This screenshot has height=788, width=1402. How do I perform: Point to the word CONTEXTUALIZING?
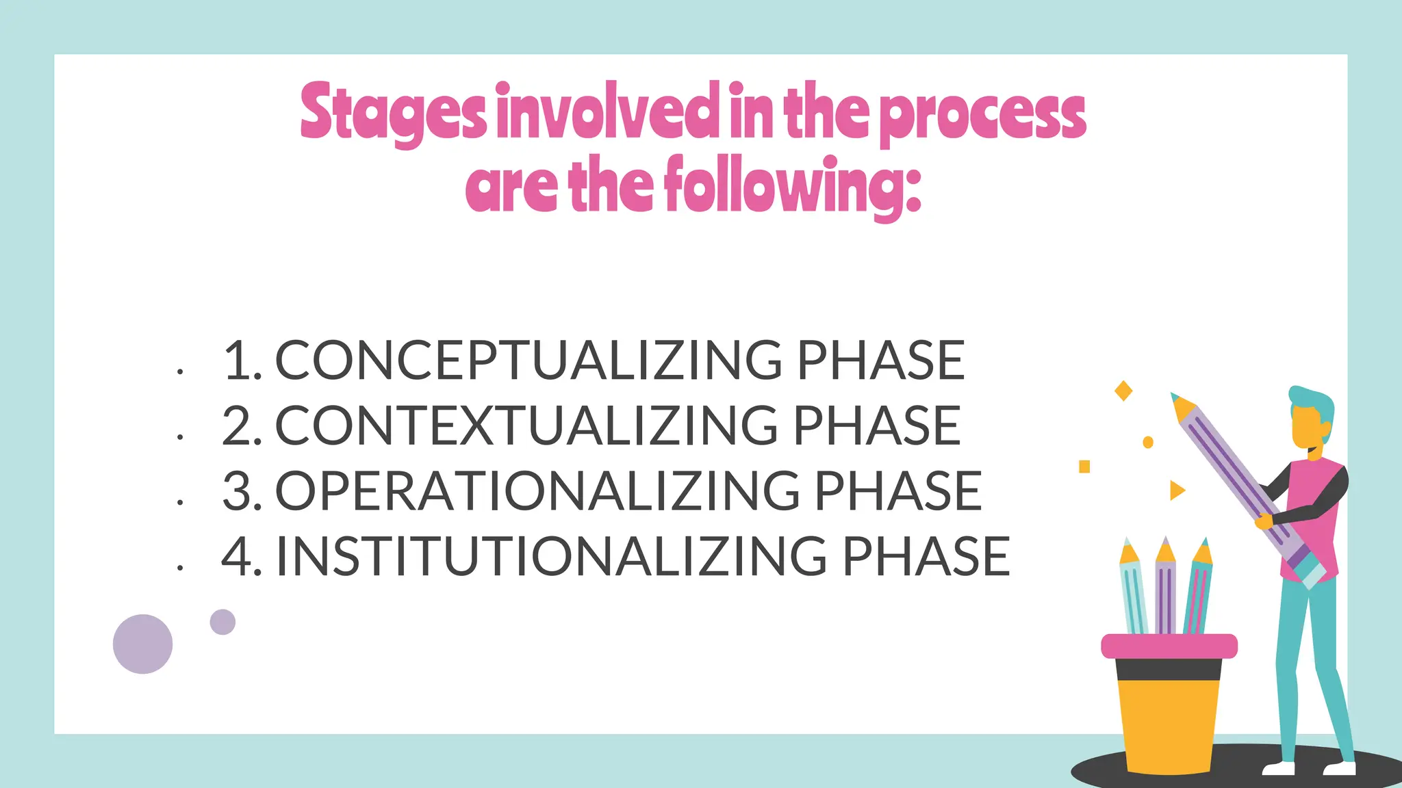526,425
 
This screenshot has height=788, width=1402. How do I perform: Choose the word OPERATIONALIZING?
537,491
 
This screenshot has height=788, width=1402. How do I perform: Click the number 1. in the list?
242,360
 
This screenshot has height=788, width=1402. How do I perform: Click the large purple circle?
142,644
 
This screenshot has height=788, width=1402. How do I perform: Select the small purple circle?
222,622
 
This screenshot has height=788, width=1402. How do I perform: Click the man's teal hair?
1313,404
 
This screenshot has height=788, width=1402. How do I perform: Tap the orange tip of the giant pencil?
1183,408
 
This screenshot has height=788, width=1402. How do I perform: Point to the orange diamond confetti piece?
1123,391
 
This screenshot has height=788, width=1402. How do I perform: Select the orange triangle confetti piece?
1176,490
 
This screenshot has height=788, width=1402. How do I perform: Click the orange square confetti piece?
1084,467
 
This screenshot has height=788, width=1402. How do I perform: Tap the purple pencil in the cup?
1165,588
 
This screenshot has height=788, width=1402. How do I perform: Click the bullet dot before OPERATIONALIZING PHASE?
180,503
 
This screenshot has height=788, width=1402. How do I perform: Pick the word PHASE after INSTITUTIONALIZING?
926,556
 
